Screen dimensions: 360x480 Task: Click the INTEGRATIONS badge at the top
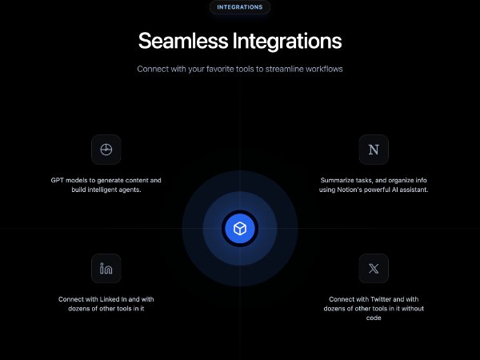239,7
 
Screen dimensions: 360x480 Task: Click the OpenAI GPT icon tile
106,150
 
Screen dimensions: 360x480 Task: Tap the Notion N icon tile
373,150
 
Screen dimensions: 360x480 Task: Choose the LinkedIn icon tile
106,269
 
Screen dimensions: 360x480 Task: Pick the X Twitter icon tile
373,269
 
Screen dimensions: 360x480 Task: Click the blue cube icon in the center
239,229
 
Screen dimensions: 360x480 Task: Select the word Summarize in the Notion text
329,180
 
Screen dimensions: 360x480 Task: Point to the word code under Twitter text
373,318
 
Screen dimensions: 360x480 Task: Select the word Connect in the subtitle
153,69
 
